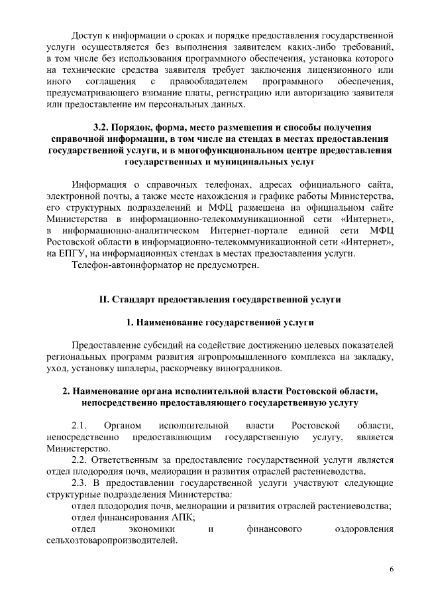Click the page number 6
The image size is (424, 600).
(392, 570)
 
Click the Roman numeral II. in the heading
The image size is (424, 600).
(103, 300)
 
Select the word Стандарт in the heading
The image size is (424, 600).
(134, 300)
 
